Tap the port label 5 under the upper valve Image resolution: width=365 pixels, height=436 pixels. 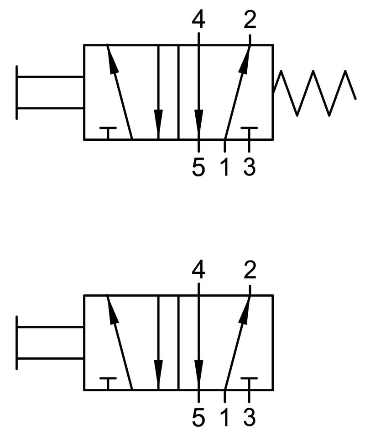pyautogui.click(x=198, y=168)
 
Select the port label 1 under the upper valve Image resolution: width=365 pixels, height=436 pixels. pyautogui.click(x=224, y=168)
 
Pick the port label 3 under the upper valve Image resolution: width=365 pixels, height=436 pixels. pyautogui.click(x=250, y=168)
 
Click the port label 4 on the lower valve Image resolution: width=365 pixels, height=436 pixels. pyautogui.click(x=198, y=271)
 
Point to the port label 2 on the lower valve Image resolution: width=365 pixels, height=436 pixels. pyautogui.click(x=250, y=271)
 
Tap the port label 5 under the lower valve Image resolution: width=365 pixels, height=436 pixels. pyautogui.click(x=198, y=418)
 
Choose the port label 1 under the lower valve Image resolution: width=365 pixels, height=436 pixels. pyautogui.click(x=224, y=418)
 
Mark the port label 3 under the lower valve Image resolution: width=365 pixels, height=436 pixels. pyautogui.click(x=250, y=418)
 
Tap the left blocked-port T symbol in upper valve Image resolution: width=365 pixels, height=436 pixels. pyautogui.click(x=108, y=131)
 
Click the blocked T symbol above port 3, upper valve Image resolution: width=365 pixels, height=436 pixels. pyautogui.click(x=249, y=131)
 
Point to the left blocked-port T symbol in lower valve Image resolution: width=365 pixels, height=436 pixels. pyautogui.click(x=108, y=382)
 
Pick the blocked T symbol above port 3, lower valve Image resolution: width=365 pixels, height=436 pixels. pyautogui.click(x=249, y=382)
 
